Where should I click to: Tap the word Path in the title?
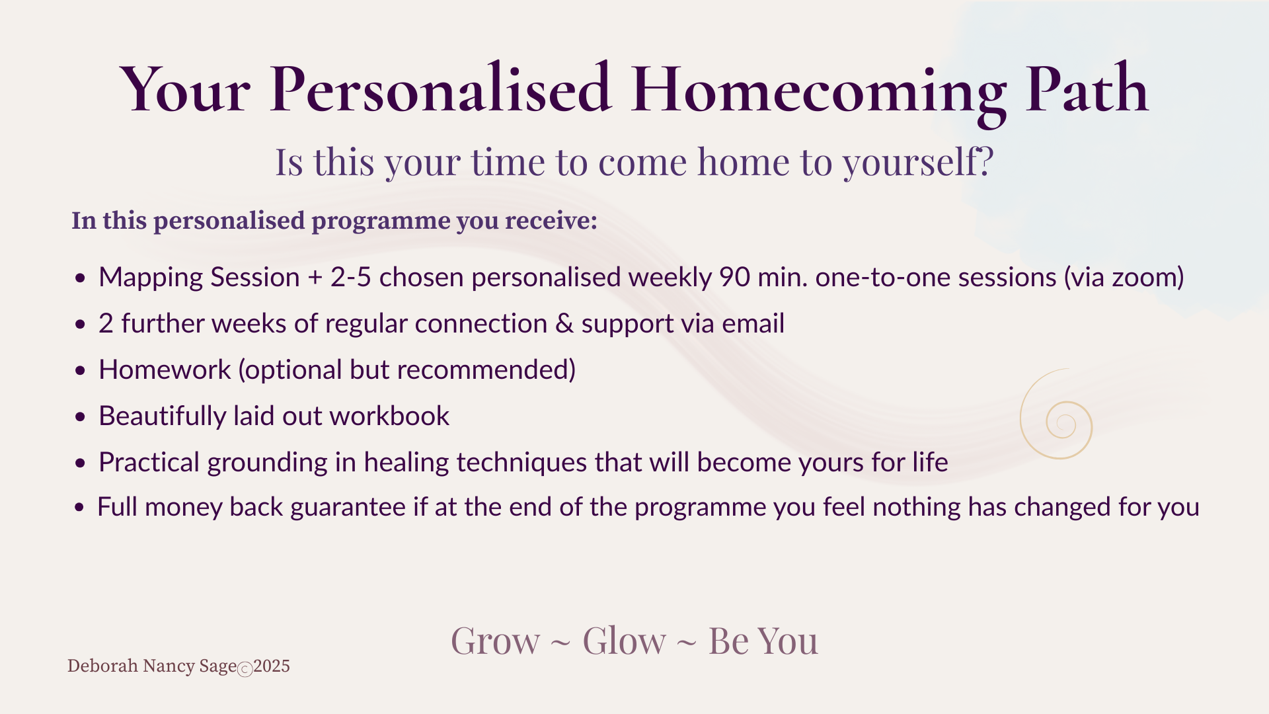[1087, 88]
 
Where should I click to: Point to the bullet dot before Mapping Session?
[81, 278]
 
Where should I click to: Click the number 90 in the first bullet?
[734, 277]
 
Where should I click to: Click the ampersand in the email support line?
[564, 324]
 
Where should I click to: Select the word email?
[753, 323]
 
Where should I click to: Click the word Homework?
[165, 370]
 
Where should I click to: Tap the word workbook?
[389, 416]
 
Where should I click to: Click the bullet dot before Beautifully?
[81, 417]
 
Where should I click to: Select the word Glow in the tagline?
[624, 641]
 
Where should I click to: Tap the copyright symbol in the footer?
[245, 670]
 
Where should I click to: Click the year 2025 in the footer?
[272, 666]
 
